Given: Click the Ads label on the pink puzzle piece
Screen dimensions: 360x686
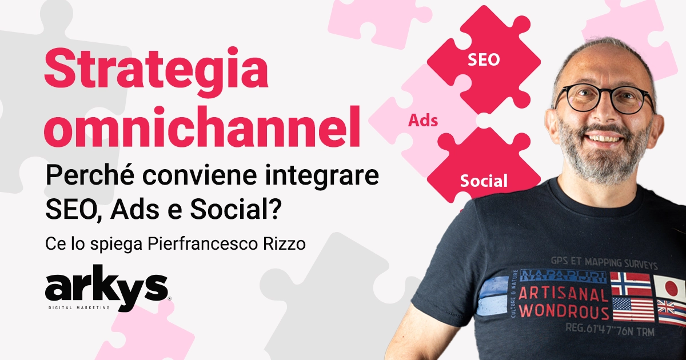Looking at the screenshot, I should (423, 121).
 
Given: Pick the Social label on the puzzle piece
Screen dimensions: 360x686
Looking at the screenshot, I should (484, 181).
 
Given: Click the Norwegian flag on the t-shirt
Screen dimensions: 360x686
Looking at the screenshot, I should (630, 283).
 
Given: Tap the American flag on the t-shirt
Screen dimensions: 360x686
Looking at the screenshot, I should (632, 309).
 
